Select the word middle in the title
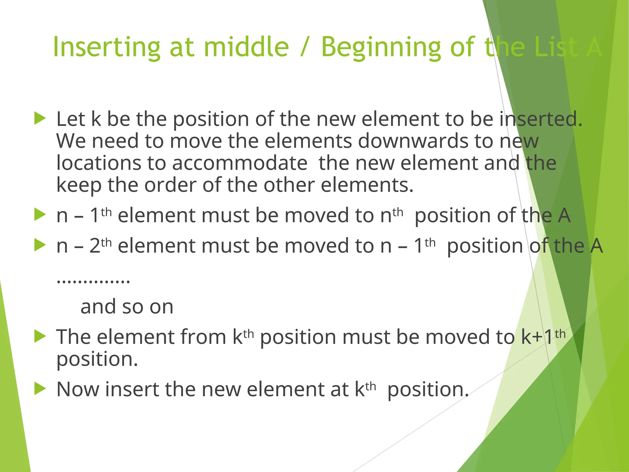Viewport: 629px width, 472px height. coord(246,47)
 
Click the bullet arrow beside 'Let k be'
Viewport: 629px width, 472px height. coord(40,118)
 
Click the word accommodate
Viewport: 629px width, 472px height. coord(240,163)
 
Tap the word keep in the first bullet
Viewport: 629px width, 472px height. coord(79,185)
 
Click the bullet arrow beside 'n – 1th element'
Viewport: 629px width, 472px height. coord(40,214)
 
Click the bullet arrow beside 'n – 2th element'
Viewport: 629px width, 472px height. coord(40,245)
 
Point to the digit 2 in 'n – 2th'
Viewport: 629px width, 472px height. coord(95,246)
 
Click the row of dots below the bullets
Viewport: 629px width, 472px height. coord(93,281)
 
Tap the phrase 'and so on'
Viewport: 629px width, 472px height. coord(127,307)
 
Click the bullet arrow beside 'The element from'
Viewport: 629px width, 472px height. coord(40,336)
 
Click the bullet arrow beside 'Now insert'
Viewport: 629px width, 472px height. coord(40,388)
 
